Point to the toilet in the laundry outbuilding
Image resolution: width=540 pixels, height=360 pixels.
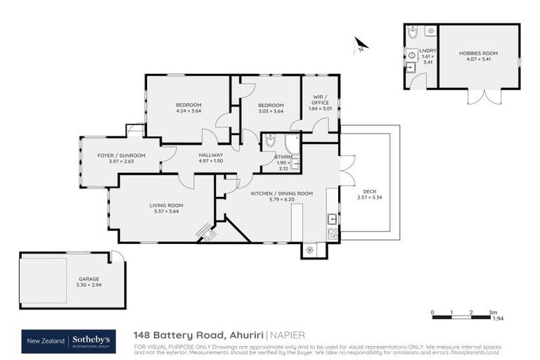(x=413, y=32)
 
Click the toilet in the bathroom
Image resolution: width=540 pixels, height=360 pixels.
(x=271, y=143)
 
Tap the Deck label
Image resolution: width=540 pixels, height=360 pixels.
(x=369, y=191)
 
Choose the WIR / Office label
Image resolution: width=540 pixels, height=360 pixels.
(x=320, y=103)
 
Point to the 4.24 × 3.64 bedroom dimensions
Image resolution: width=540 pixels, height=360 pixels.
(x=188, y=110)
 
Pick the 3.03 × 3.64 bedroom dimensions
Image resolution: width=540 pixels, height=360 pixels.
(x=271, y=110)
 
